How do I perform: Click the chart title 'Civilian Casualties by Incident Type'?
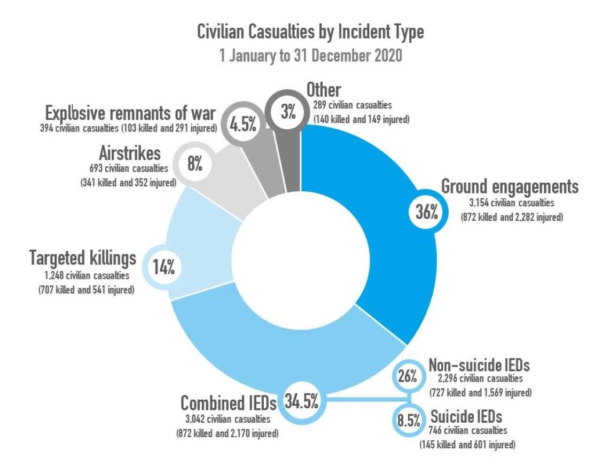coord(310,32)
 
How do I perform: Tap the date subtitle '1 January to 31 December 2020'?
coord(310,56)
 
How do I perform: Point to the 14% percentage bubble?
coord(163,266)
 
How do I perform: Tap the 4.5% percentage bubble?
coord(243,126)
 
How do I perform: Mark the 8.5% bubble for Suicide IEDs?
coord(408,420)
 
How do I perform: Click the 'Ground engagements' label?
coord(510,187)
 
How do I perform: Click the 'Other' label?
coord(324,90)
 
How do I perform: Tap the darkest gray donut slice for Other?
coord(292,160)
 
